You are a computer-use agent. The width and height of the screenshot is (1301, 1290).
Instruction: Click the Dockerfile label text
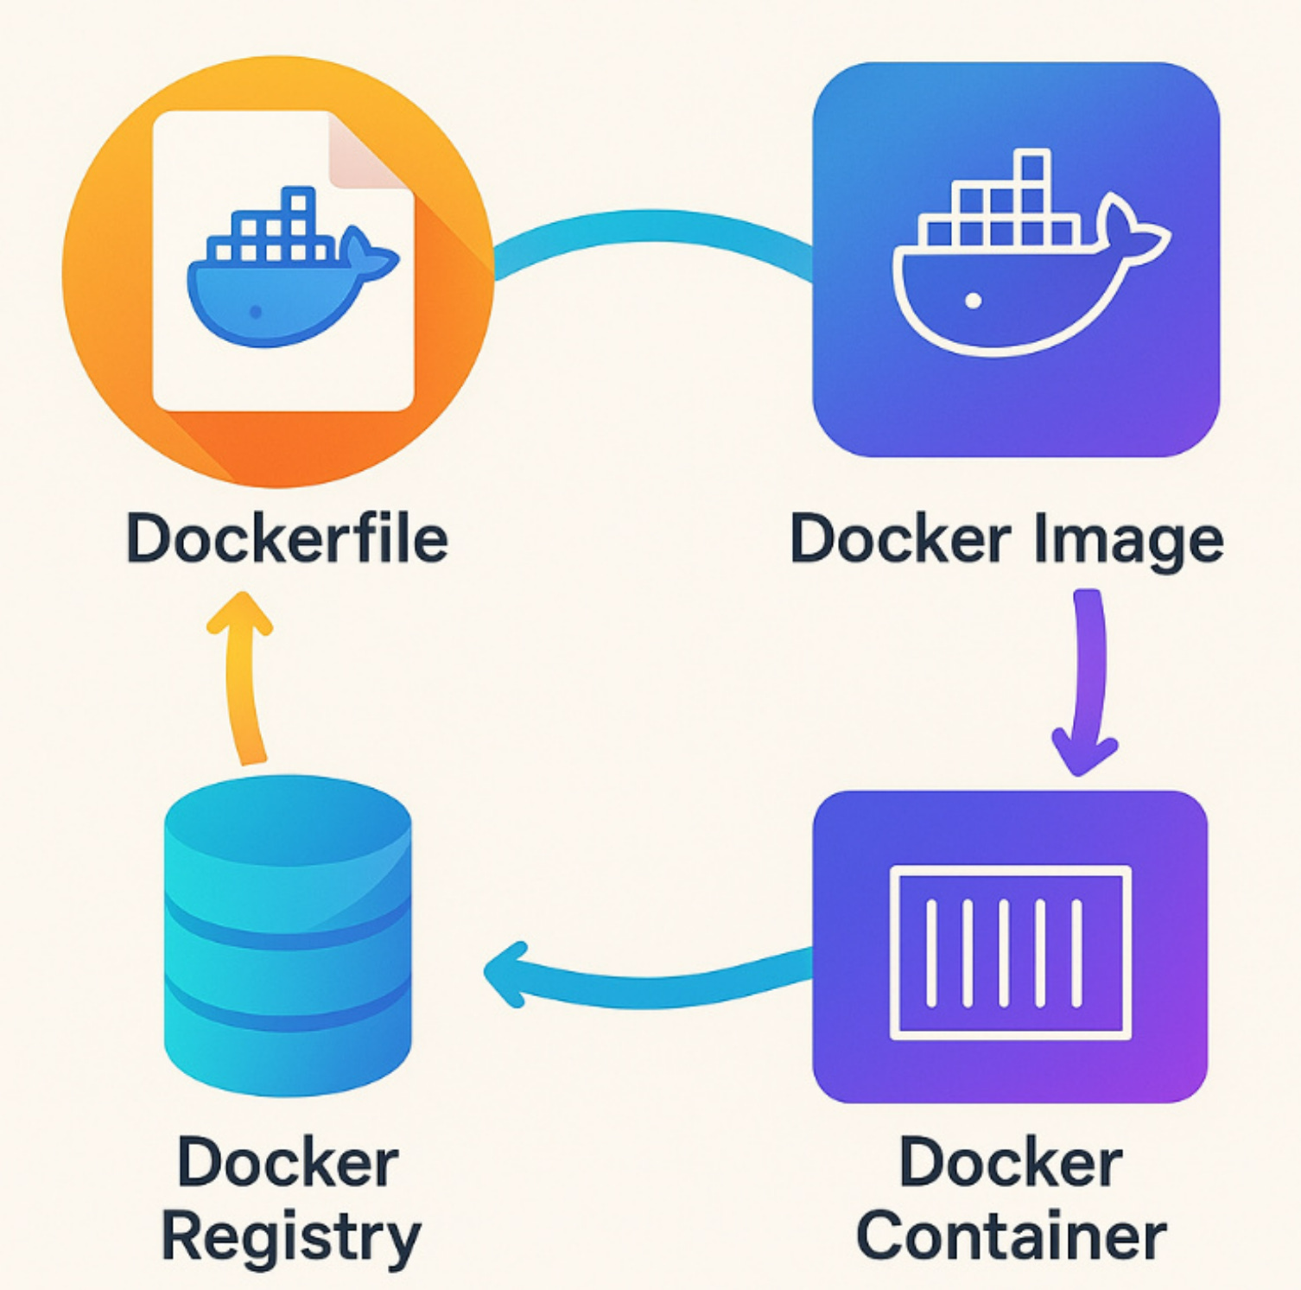[287, 538]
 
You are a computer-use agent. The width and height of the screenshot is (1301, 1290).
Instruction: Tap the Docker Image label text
[1006, 540]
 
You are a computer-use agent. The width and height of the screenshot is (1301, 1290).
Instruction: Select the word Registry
[291, 1238]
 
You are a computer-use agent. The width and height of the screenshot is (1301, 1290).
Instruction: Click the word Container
[1011, 1236]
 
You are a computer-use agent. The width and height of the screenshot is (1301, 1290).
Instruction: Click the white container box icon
[1010, 951]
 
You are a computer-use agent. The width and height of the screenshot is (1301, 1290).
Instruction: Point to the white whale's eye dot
[974, 301]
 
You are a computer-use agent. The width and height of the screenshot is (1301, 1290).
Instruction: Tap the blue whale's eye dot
[255, 312]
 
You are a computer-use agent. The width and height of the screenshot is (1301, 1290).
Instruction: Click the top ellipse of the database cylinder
[288, 816]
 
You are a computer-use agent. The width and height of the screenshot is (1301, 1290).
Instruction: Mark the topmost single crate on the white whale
[1033, 166]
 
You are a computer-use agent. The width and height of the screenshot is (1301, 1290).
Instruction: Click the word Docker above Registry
[288, 1163]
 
